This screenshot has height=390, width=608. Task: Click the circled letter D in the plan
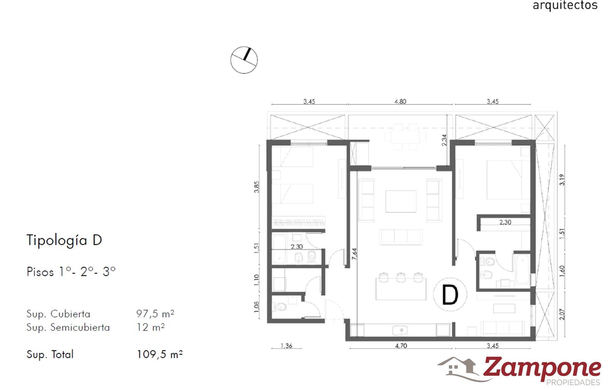coord(450,295)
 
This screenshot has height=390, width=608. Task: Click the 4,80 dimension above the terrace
coord(400,102)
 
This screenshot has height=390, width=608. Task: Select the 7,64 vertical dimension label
coord(354,254)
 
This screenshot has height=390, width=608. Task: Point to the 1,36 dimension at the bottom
coord(287,346)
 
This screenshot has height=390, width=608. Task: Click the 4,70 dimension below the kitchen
coord(401,346)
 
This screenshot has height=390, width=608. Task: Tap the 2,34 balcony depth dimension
coord(444,140)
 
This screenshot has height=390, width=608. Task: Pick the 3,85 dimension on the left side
coord(256,187)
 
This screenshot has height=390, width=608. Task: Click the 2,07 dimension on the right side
coord(562,314)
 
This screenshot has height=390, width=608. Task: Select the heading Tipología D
coord(64,240)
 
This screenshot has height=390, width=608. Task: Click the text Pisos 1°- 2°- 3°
coord(71,272)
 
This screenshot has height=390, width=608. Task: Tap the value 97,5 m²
coord(155,314)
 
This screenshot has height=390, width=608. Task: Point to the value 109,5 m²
coord(160,354)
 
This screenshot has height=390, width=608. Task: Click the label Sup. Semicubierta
coord(68,328)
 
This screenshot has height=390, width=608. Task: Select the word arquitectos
coord(565,5)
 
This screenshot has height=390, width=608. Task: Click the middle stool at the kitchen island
coord(401,277)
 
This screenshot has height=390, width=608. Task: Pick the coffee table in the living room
coord(401,201)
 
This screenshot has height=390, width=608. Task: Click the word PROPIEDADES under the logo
coord(573,383)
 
